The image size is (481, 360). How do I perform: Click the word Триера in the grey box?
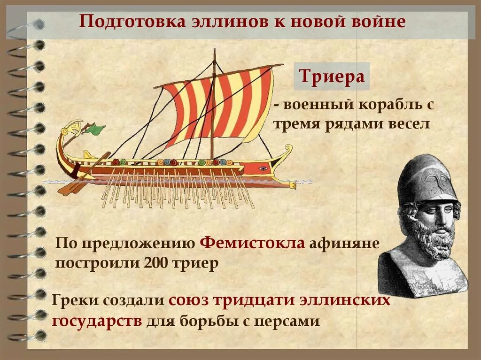click(x=332, y=77)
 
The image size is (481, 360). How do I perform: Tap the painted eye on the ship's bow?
click(x=263, y=168)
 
